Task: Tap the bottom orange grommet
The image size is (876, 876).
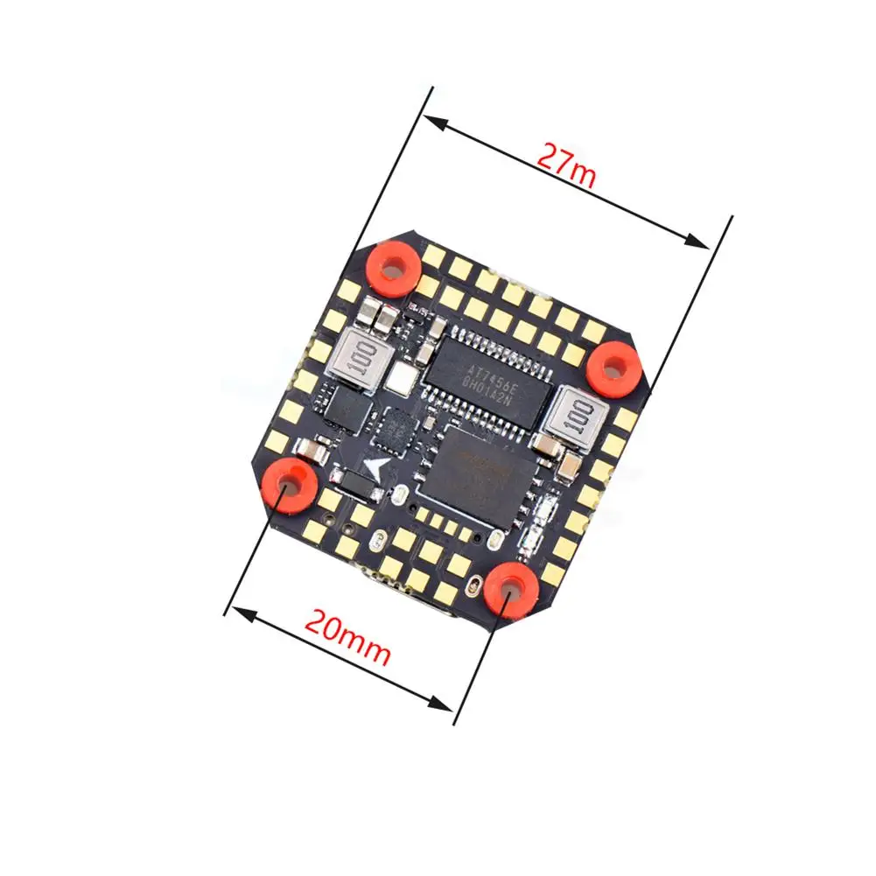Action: pyautogui.click(x=510, y=590)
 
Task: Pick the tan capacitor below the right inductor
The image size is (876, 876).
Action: pyautogui.click(x=569, y=459)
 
